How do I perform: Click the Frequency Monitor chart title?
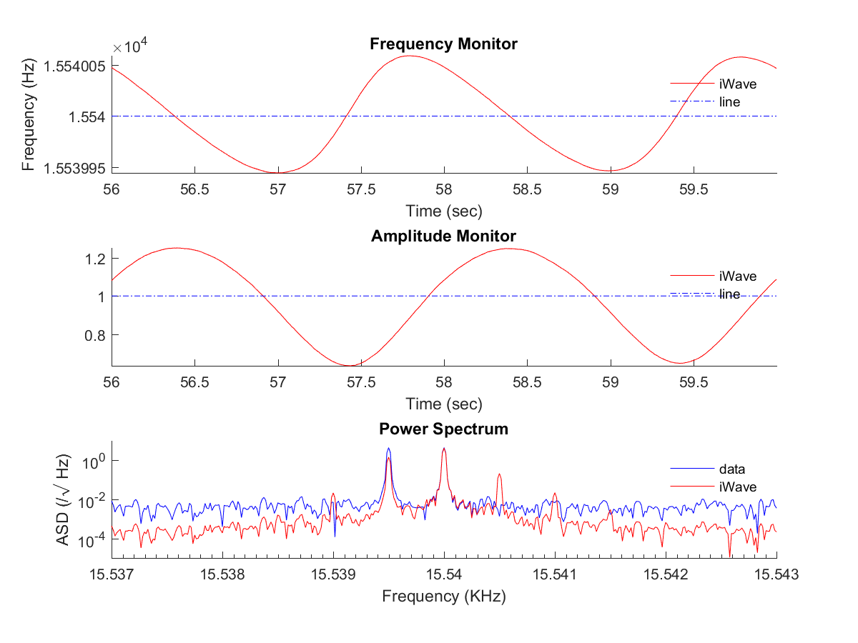pos(443,44)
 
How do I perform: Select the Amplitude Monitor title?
pos(443,236)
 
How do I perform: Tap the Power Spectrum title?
pos(443,429)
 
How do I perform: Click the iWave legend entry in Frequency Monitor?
pos(737,84)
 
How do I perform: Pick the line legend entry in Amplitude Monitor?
pos(729,294)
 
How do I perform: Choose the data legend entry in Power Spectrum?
pos(731,469)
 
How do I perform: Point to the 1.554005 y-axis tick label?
pos(74,66)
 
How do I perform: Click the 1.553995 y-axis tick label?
pos(74,168)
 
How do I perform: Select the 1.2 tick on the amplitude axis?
pos(96,258)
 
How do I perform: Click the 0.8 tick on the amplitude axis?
pos(96,335)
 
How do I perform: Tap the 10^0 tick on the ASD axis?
pos(93,462)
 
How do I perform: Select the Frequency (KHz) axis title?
pos(443,597)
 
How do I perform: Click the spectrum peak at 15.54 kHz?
pos(444,449)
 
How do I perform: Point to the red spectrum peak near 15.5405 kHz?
pos(499,475)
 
